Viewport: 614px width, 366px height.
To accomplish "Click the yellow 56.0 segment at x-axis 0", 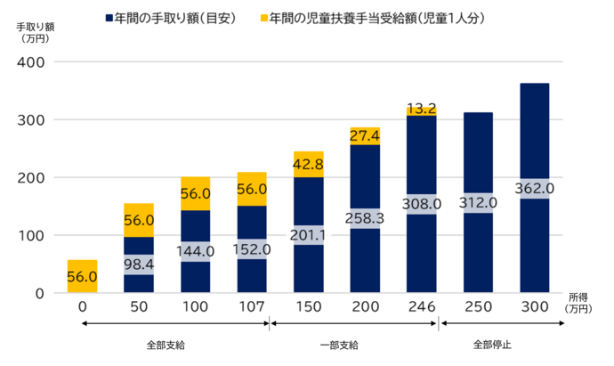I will click(82, 277).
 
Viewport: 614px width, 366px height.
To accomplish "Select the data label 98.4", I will click(138, 264).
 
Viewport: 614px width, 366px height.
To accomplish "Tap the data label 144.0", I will click(195, 252).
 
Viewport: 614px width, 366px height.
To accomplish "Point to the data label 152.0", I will click(252, 249).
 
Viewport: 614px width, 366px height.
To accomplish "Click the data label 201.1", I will click(308, 235).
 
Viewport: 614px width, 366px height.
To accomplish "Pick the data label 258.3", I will click(365, 219).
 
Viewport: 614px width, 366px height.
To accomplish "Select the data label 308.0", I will click(421, 204).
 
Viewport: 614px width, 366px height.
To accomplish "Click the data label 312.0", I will click(478, 203).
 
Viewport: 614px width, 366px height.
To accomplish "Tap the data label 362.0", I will click(534, 189).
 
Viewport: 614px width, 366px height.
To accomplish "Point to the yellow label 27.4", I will click(365, 136).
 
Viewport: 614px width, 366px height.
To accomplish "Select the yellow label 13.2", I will click(421, 109).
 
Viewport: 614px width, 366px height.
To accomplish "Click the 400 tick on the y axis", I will click(33, 62).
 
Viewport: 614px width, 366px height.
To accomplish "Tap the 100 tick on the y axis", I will click(33, 235).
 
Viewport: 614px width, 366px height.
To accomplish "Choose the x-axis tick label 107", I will click(252, 307).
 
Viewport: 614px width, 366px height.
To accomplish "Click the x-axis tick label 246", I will click(421, 307).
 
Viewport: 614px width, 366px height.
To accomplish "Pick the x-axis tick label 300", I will click(534, 307).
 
